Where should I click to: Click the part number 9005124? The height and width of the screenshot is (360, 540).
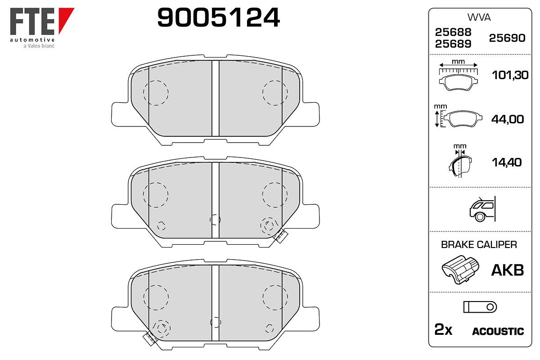pyautogui.click(x=218, y=18)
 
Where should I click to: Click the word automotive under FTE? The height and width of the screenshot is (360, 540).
pyautogui.click(x=32, y=40)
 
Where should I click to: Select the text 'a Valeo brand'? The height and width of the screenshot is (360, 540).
pyautogui.click(x=39, y=46)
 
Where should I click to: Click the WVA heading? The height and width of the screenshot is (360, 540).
pyautogui.click(x=479, y=18)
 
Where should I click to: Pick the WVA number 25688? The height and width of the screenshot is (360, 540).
pyautogui.click(x=453, y=32)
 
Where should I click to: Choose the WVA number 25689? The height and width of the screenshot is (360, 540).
pyautogui.click(x=453, y=44)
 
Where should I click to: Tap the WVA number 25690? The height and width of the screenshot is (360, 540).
pyautogui.click(x=507, y=38)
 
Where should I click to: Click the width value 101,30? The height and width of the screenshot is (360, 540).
pyautogui.click(x=510, y=75)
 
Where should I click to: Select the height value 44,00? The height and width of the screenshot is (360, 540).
pyautogui.click(x=508, y=119)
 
